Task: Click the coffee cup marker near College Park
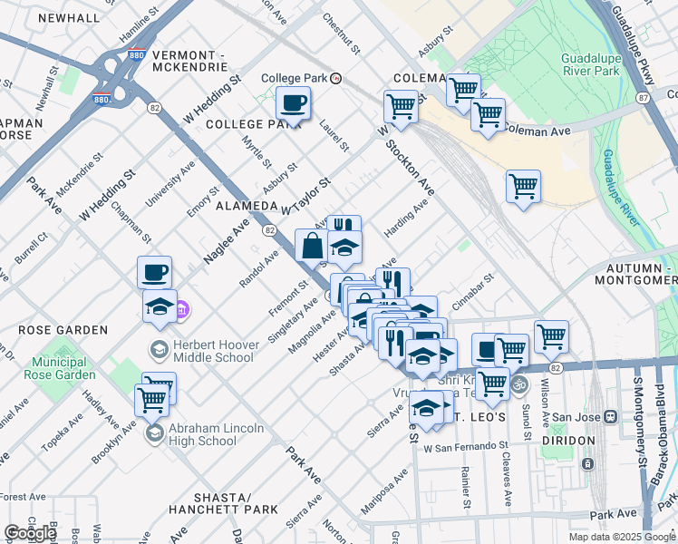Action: [x=293, y=103]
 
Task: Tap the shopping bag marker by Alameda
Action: [x=312, y=246]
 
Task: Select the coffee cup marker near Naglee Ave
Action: [x=154, y=272]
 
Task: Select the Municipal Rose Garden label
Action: [x=63, y=368]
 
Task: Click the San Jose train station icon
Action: [x=611, y=417]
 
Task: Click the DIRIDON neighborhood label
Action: [x=568, y=441]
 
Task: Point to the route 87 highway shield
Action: [x=643, y=96]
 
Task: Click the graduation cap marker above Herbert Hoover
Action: [x=160, y=306]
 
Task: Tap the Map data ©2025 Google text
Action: [x=622, y=537]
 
